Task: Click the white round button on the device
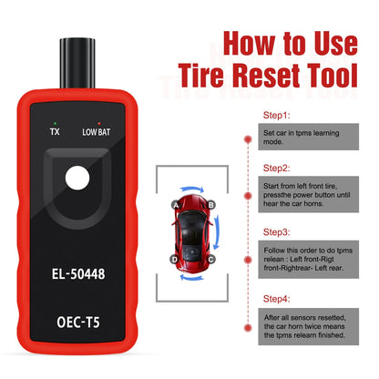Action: (77, 178)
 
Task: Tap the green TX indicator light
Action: (55, 124)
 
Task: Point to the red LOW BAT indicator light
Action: (99, 124)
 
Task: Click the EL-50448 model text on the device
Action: (78, 273)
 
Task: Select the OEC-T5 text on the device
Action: (78, 322)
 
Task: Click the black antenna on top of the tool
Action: (77, 63)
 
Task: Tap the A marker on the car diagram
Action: (176, 205)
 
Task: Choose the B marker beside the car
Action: (210, 205)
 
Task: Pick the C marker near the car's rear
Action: (210, 260)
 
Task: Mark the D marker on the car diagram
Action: (174, 260)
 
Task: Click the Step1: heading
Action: (276, 116)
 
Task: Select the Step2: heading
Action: (276, 168)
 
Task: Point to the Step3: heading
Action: (276, 232)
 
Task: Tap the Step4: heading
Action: (276, 299)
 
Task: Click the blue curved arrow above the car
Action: (192, 189)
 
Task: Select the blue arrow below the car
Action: (192, 277)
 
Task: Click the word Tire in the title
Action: (200, 76)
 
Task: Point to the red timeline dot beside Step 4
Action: (248, 328)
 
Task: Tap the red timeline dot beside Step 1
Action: (248, 139)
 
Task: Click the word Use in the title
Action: (336, 44)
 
